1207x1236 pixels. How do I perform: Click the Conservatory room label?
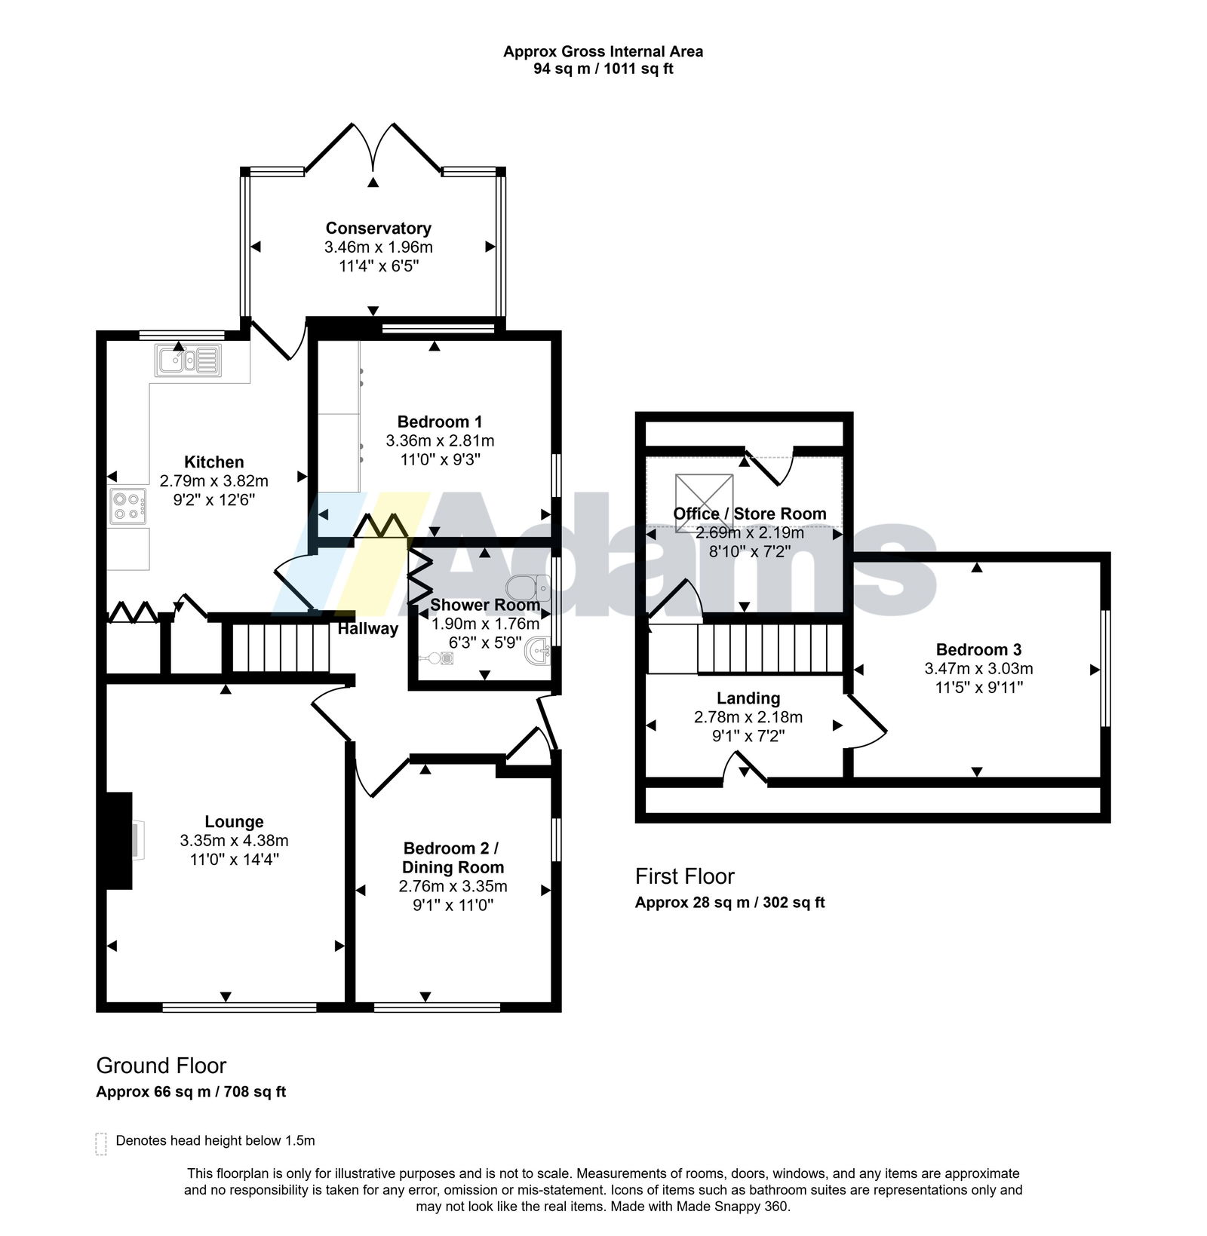coord(378,228)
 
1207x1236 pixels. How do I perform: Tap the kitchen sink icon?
coord(188,360)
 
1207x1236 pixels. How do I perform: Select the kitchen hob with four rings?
coord(128,506)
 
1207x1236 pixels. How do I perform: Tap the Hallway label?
coord(367,628)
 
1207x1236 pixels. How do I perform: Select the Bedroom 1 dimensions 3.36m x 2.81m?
coord(440,440)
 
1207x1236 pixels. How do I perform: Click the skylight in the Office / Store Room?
coord(704,498)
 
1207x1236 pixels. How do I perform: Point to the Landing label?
coord(748,698)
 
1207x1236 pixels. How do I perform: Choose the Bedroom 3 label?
coord(978,649)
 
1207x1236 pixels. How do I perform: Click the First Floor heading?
coord(684,876)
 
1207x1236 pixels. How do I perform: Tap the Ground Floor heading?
coord(161,1066)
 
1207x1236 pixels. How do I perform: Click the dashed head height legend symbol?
coord(101,1144)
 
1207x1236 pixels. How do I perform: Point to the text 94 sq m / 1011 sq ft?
coord(603,69)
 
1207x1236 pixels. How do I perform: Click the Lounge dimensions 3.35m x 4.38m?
coord(234,840)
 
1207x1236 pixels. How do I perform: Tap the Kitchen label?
coord(214,462)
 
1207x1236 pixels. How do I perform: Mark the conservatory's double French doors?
coord(373,146)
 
